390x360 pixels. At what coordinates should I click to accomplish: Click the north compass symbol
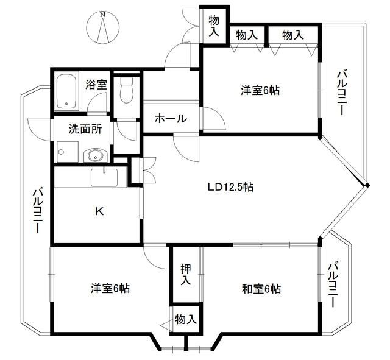pos(103,27)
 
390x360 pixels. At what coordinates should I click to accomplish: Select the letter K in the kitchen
pos(99,212)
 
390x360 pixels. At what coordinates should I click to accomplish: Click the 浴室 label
pos(96,85)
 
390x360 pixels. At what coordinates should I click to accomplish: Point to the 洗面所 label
pos(84,130)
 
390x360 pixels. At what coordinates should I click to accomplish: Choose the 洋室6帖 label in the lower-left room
pos(112,288)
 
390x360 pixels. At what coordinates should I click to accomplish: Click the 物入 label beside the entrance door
pos(213,24)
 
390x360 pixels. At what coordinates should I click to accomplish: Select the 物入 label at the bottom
pos(186,319)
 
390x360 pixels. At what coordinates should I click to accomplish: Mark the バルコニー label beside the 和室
pos(333,284)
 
